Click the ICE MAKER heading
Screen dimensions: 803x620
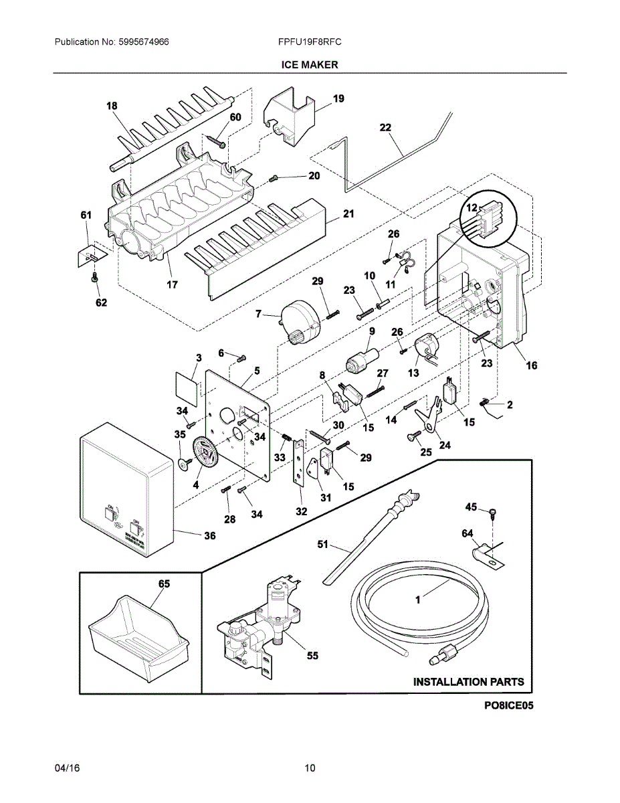click(x=310, y=65)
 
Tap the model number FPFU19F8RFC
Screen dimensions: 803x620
click(x=310, y=41)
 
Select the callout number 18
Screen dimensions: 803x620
click(x=112, y=106)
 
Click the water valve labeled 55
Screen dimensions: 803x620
click(x=261, y=622)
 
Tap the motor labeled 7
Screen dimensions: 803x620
click(x=300, y=319)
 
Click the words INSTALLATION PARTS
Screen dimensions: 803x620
click(x=468, y=682)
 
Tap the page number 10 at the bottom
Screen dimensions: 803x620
click(x=310, y=768)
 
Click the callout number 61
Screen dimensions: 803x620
click(x=86, y=215)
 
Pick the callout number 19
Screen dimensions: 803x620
click(x=338, y=99)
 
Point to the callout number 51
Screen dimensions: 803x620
click(x=323, y=545)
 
